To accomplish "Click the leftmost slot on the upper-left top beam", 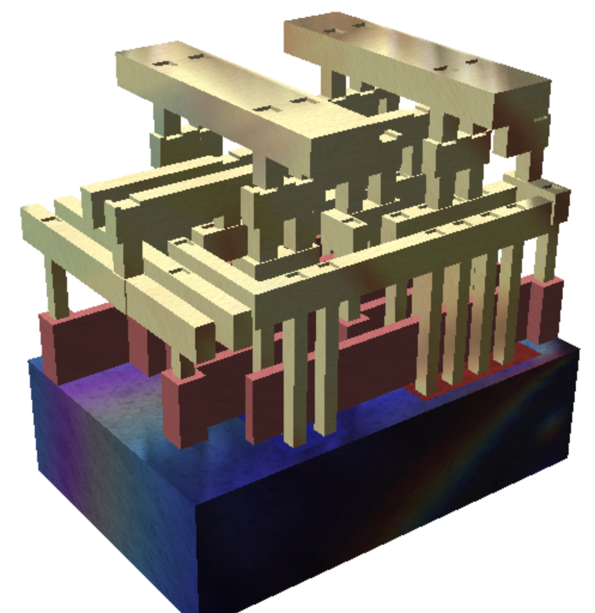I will [160, 63].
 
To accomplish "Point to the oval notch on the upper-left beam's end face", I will [389, 136].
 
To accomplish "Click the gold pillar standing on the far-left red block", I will [57, 287].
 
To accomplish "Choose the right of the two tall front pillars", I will [327, 371].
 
